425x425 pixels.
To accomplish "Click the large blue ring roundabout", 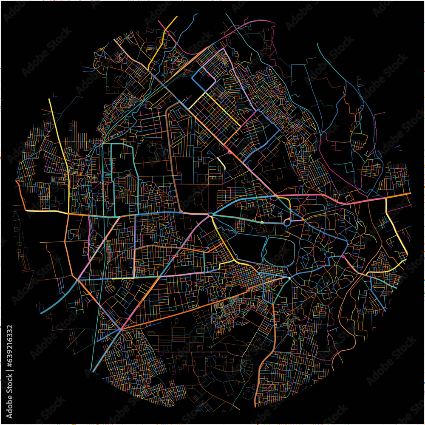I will point(287,222).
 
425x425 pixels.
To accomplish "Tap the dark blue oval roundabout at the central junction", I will point(211,214).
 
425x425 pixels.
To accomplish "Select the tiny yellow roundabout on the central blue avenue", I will point(262,222).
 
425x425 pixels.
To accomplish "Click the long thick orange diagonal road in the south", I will point(187,308).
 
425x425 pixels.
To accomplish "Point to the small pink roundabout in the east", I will point(343,256).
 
